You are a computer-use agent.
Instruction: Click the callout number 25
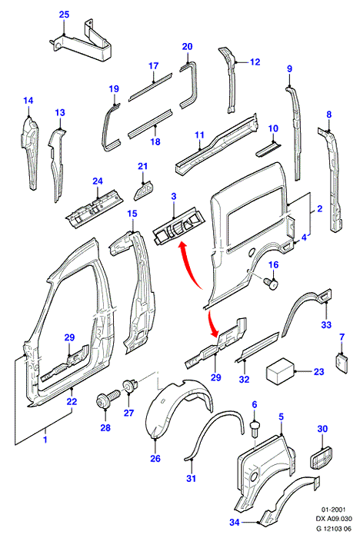tap(65, 15)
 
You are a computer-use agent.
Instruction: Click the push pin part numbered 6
tap(255, 428)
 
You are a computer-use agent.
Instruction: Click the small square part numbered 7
tap(341, 363)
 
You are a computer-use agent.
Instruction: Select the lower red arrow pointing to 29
tap(213, 320)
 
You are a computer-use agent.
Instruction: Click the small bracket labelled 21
tap(144, 189)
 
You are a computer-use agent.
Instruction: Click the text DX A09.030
tap(334, 519)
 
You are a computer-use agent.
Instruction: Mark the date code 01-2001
tap(333, 510)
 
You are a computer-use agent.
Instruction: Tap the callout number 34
tap(235, 522)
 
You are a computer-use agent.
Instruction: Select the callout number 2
tap(319, 208)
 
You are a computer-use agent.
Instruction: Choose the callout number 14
tap(28, 101)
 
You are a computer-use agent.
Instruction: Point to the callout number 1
tap(45, 439)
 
